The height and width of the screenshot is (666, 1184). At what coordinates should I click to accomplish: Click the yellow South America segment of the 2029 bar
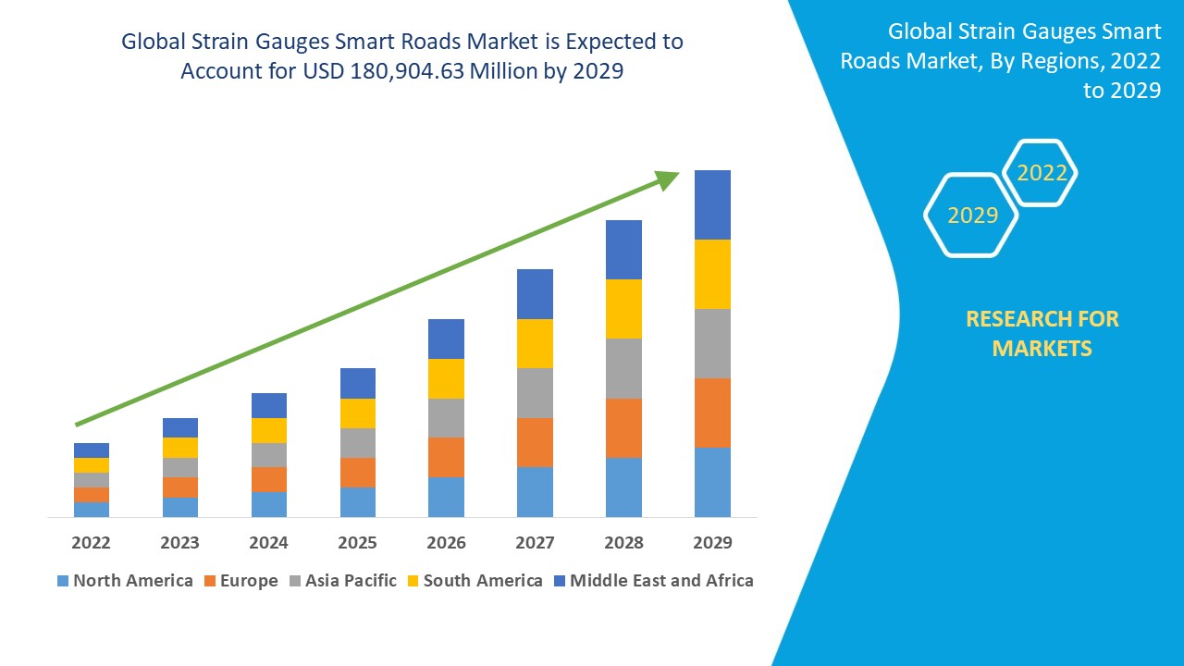712,274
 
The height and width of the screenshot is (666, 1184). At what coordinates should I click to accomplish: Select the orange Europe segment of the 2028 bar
623,427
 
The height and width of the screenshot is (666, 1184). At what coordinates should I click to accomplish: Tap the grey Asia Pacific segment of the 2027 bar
535,393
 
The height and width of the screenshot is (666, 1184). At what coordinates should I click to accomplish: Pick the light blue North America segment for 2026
446,497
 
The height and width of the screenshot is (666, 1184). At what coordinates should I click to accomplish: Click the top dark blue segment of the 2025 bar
358,383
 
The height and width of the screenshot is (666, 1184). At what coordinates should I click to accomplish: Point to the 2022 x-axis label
91,542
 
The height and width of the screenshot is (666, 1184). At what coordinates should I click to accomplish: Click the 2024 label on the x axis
268,542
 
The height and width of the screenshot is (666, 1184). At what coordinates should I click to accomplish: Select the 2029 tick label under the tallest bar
712,542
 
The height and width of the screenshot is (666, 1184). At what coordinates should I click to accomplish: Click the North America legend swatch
63,581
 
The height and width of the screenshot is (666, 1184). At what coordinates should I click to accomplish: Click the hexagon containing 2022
1042,173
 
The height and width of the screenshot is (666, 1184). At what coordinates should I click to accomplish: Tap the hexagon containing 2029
972,216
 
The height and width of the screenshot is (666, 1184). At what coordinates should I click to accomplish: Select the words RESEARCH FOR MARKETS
1042,333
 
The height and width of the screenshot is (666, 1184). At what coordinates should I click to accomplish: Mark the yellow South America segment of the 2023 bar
180,448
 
